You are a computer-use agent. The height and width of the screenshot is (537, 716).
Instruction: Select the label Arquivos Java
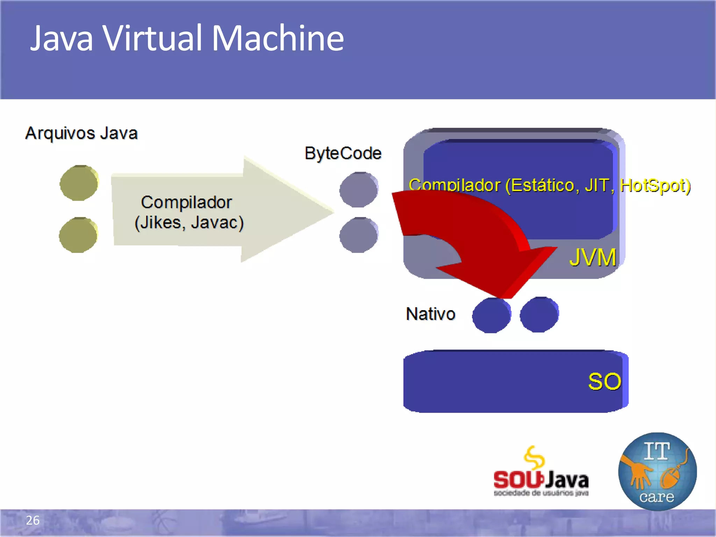click(x=81, y=133)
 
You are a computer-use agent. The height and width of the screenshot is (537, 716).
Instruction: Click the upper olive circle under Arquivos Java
click(x=79, y=183)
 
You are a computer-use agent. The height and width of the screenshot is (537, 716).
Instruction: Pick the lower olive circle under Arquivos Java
click(x=78, y=235)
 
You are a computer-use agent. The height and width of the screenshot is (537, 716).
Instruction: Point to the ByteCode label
click(x=343, y=153)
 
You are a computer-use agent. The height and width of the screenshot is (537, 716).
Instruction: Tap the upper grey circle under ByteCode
click(x=359, y=190)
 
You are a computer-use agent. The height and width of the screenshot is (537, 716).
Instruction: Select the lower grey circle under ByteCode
click(x=359, y=235)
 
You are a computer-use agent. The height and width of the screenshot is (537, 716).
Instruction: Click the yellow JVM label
click(x=592, y=257)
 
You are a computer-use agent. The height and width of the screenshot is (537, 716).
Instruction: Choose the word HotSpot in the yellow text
click(x=654, y=185)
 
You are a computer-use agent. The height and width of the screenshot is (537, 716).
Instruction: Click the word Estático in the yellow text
click(x=542, y=185)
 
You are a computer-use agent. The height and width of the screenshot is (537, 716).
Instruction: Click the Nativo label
click(x=430, y=314)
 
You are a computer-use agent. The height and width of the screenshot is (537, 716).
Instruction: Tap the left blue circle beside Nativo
click(x=491, y=315)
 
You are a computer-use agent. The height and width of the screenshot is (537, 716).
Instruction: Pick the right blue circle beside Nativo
click(x=539, y=315)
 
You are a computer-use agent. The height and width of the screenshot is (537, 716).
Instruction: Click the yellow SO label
click(x=604, y=381)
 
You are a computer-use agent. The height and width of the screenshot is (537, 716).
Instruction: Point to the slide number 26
click(x=33, y=520)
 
